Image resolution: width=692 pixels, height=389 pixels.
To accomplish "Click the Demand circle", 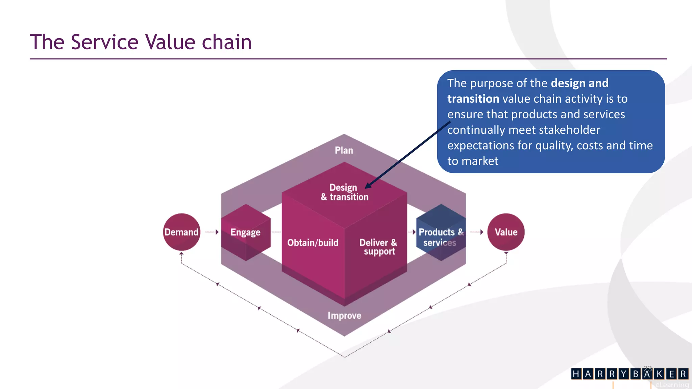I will click(x=181, y=232).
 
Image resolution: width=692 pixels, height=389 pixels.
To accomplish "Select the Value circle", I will click(x=506, y=232).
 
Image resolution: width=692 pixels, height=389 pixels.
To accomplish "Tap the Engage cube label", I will click(x=245, y=232).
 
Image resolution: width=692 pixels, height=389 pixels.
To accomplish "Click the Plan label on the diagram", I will click(x=344, y=150).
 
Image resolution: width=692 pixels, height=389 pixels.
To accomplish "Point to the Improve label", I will click(x=344, y=315).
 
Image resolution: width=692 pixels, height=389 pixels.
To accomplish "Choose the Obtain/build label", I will click(x=313, y=242).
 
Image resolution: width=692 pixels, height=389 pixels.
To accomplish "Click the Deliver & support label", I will click(x=378, y=247).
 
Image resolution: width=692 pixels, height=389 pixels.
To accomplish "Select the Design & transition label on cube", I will click(x=344, y=192).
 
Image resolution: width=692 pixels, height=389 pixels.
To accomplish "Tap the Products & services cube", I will click(x=441, y=233).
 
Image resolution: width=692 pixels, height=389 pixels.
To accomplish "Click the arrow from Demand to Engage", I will click(x=212, y=232).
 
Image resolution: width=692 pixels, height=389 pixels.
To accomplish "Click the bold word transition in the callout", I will click(x=473, y=99).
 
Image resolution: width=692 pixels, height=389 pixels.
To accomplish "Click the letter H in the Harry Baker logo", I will click(x=576, y=374).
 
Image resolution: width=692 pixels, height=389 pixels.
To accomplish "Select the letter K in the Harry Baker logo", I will click(x=659, y=374).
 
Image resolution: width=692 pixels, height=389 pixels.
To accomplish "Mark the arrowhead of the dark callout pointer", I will click(x=367, y=186).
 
